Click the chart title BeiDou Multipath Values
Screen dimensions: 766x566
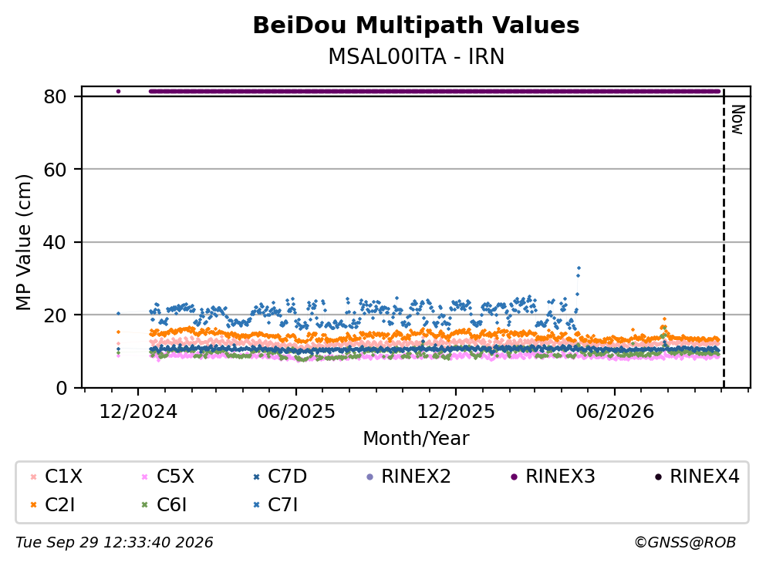click(x=416, y=25)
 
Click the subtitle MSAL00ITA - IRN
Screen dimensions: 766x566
click(x=416, y=56)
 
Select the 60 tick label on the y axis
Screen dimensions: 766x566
click(x=56, y=170)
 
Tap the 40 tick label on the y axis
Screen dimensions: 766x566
click(x=56, y=242)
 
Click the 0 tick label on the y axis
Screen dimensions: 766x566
click(x=61, y=388)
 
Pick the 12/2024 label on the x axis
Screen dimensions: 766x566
click(x=138, y=412)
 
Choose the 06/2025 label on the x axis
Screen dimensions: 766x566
click(x=296, y=412)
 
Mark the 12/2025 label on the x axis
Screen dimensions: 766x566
click(x=456, y=412)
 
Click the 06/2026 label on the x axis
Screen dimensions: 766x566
click(x=615, y=412)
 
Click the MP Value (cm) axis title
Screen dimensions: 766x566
click(x=23, y=242)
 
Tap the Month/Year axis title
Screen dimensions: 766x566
click(x=416, y=439)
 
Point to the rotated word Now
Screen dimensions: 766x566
click(x=737, y=120)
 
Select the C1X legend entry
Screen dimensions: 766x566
click(x=57, y=476)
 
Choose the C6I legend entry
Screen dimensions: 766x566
click(x=164, y=505)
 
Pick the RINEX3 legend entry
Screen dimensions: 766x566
click(x=553, y=476)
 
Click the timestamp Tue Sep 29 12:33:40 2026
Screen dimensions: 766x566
click(x=114, y=543)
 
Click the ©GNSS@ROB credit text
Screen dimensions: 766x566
click(x=685, y=543)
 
